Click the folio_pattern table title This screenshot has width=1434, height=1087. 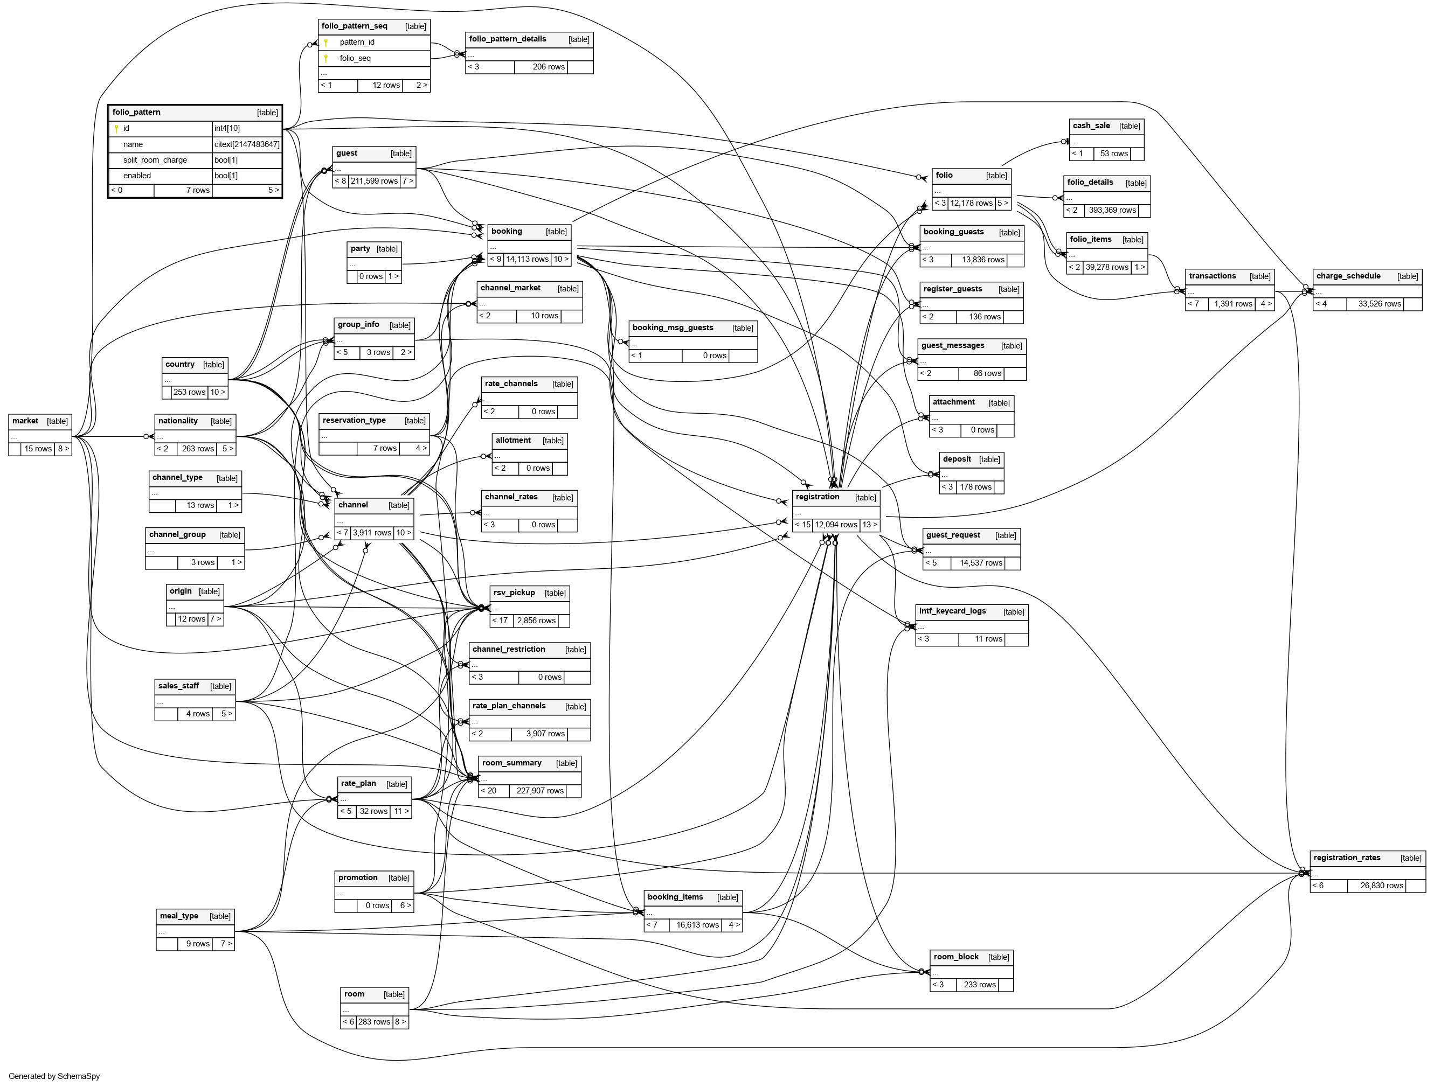click(137, 112)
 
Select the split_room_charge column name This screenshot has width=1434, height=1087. click(155, 160)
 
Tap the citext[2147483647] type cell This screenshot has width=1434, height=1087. click(247, 144)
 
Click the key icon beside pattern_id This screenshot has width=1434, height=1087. click(326, 43)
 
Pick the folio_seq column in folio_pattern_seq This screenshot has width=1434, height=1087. click(355, 58)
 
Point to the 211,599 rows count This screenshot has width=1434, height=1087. click(374, 181)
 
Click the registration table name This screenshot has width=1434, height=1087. click(818, 497)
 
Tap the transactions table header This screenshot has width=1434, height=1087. click(1213, 276)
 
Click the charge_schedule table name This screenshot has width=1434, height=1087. click(1348, 276)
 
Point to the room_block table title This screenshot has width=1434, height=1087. click(956, 957)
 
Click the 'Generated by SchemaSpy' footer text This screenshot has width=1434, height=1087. click(54, 1076)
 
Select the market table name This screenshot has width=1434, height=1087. click(25, 421)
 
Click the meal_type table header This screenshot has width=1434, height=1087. click(179, 916)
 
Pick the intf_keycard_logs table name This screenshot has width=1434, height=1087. click(952, 611)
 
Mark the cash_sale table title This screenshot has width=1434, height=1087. click(1091, 126)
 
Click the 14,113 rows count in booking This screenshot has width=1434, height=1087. click(527, 259)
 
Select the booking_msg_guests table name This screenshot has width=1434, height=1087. click(673, 328)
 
